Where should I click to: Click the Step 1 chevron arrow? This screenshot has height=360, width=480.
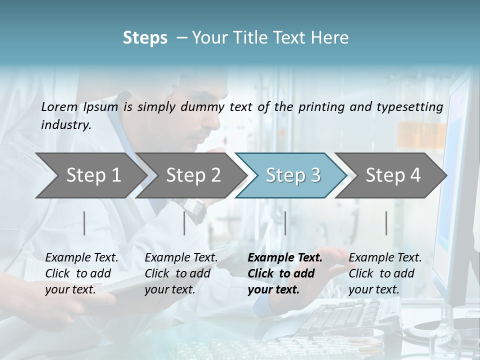[90, 175]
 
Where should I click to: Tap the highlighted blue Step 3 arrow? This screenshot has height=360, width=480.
[292, 175]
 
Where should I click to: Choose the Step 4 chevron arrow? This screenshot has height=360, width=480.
[392, 175]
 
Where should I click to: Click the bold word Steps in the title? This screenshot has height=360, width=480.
[145, 38]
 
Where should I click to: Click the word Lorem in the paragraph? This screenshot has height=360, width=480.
[59, 106]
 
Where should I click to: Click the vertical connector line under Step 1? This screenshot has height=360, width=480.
[84, 223]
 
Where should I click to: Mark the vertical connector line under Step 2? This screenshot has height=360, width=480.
[184, 223]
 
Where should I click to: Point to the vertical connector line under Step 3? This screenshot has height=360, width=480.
[285, 223]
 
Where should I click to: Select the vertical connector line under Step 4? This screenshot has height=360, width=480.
[386, 223]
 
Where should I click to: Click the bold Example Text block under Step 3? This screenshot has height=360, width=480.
[285, 273]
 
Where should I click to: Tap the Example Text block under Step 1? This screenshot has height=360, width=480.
[81, 273]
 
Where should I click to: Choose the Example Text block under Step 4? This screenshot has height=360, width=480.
[385, 273]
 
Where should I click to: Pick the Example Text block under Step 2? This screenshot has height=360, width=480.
[181, 273]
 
